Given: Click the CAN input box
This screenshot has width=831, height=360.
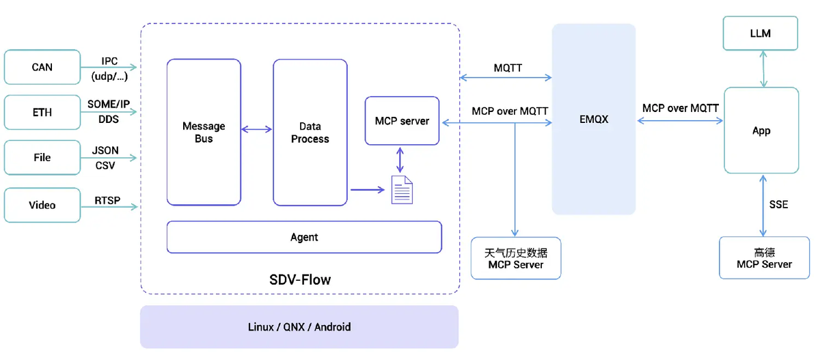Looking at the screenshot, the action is click(x=42, y=67).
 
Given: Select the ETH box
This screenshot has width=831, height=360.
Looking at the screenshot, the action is click(x=42, y=112).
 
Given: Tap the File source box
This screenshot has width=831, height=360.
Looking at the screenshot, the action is click(x=42, y=158).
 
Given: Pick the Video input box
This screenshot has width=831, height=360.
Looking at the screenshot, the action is click(x=42, y=205).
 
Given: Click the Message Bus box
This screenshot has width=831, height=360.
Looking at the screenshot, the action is click(x=204, y=132).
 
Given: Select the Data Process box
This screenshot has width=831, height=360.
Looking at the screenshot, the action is click(x=310, y=133).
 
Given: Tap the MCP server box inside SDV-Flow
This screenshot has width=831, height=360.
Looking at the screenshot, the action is click(x=402, y=121).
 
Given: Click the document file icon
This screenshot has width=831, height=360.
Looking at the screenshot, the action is click(x=402, y=190).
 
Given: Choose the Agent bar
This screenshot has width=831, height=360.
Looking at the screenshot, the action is click(x=304, y=237).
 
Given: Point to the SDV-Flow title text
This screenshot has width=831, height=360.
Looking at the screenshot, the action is click(x=300, y=280).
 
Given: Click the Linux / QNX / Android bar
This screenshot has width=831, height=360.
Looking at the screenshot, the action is click(x=299, y=327).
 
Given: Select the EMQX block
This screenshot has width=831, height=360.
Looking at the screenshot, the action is click(x=594, y=120).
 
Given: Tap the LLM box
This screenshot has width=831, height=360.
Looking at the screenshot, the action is click(x=761, y=33).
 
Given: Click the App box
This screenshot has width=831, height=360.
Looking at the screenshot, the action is click(x=761, y=130).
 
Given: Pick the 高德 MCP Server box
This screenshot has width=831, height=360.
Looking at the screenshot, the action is click(x=764, y=258).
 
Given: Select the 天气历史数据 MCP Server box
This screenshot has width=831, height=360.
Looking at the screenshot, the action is click(x=516, y=258).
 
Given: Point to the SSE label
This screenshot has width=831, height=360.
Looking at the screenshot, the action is click(x=778, y=205).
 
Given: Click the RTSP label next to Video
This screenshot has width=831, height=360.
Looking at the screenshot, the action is click(x=107, y=201).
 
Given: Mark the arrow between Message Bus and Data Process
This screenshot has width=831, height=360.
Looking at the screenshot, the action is click(x=257, y=129).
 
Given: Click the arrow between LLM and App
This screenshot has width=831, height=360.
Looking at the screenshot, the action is click(x=763, y=69).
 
